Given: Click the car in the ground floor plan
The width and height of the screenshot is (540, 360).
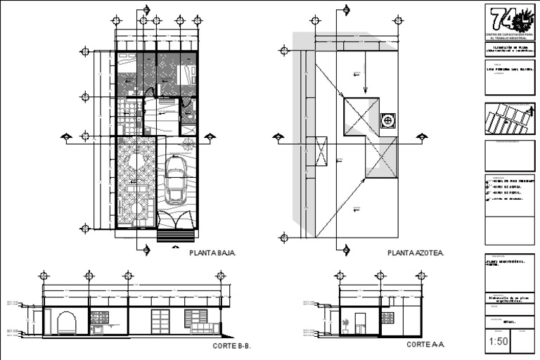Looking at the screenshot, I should pyautogui.click(x=175, y=179).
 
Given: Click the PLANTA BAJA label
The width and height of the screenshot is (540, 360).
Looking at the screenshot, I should pyautogui.click(x=212, y=252).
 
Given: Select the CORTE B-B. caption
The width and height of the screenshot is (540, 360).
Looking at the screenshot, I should pyautogui.click(x=231, y=346).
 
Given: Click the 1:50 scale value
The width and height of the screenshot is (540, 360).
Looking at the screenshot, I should pyautogui.click(x=496, y=342).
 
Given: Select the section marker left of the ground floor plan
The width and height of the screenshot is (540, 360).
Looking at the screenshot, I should pyautogui.click(x=66, y=136).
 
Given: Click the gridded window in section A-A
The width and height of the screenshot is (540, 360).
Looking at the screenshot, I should pyautogui.click(x=387, y=318).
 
